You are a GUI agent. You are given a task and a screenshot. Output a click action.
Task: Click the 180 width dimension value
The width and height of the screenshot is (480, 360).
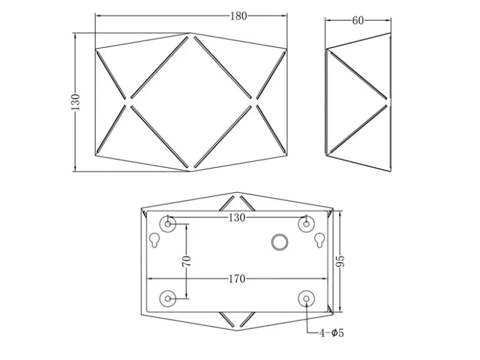pyautogui.click(x=239, y=16)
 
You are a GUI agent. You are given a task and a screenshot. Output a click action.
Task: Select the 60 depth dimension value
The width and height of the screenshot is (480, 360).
pyautogui.click(x=358, y=20)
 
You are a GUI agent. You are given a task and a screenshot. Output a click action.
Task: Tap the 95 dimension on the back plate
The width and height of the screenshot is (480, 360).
pyautogui.click(x=340, y=261)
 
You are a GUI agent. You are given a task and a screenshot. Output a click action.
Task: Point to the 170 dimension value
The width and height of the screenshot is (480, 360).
pyautogui.click(x=238, y=279)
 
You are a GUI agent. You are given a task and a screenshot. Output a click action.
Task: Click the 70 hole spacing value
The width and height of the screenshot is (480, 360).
pyautogui.click(x=186, y=261)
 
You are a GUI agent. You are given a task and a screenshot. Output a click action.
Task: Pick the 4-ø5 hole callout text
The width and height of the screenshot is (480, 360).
pyautogui.click(x=332, y=333)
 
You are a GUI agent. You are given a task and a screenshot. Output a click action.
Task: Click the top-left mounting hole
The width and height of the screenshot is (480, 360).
pyautogui.click(x=168, y=224)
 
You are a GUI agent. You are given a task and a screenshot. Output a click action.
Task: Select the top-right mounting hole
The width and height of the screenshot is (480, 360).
pyautogui.click(x=306, y=224)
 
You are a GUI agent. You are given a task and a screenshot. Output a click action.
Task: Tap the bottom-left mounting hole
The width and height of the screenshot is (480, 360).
pyautogui.click(x=168, y=298)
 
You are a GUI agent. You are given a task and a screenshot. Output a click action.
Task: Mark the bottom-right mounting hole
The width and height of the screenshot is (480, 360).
pyautogui.click(x=306, y=298)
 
